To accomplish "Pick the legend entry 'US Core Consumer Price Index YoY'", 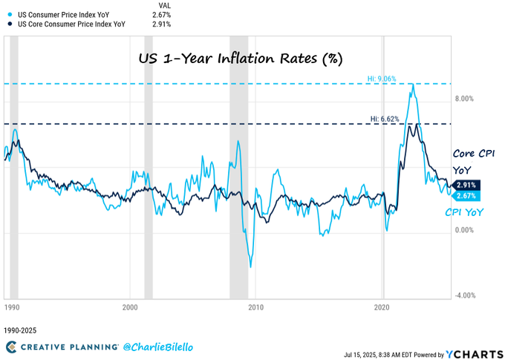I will pos(71,24).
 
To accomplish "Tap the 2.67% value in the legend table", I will pos(163,13).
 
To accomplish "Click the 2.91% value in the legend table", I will pos(163,24).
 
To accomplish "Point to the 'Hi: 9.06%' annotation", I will pos(383,78).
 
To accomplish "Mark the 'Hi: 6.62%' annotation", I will pos(385,118).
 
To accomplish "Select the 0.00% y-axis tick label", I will pos(464,230).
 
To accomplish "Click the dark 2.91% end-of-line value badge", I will pos(467,185).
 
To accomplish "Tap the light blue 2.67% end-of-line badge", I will pos(467,196).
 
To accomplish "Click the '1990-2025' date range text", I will pos(21,330).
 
